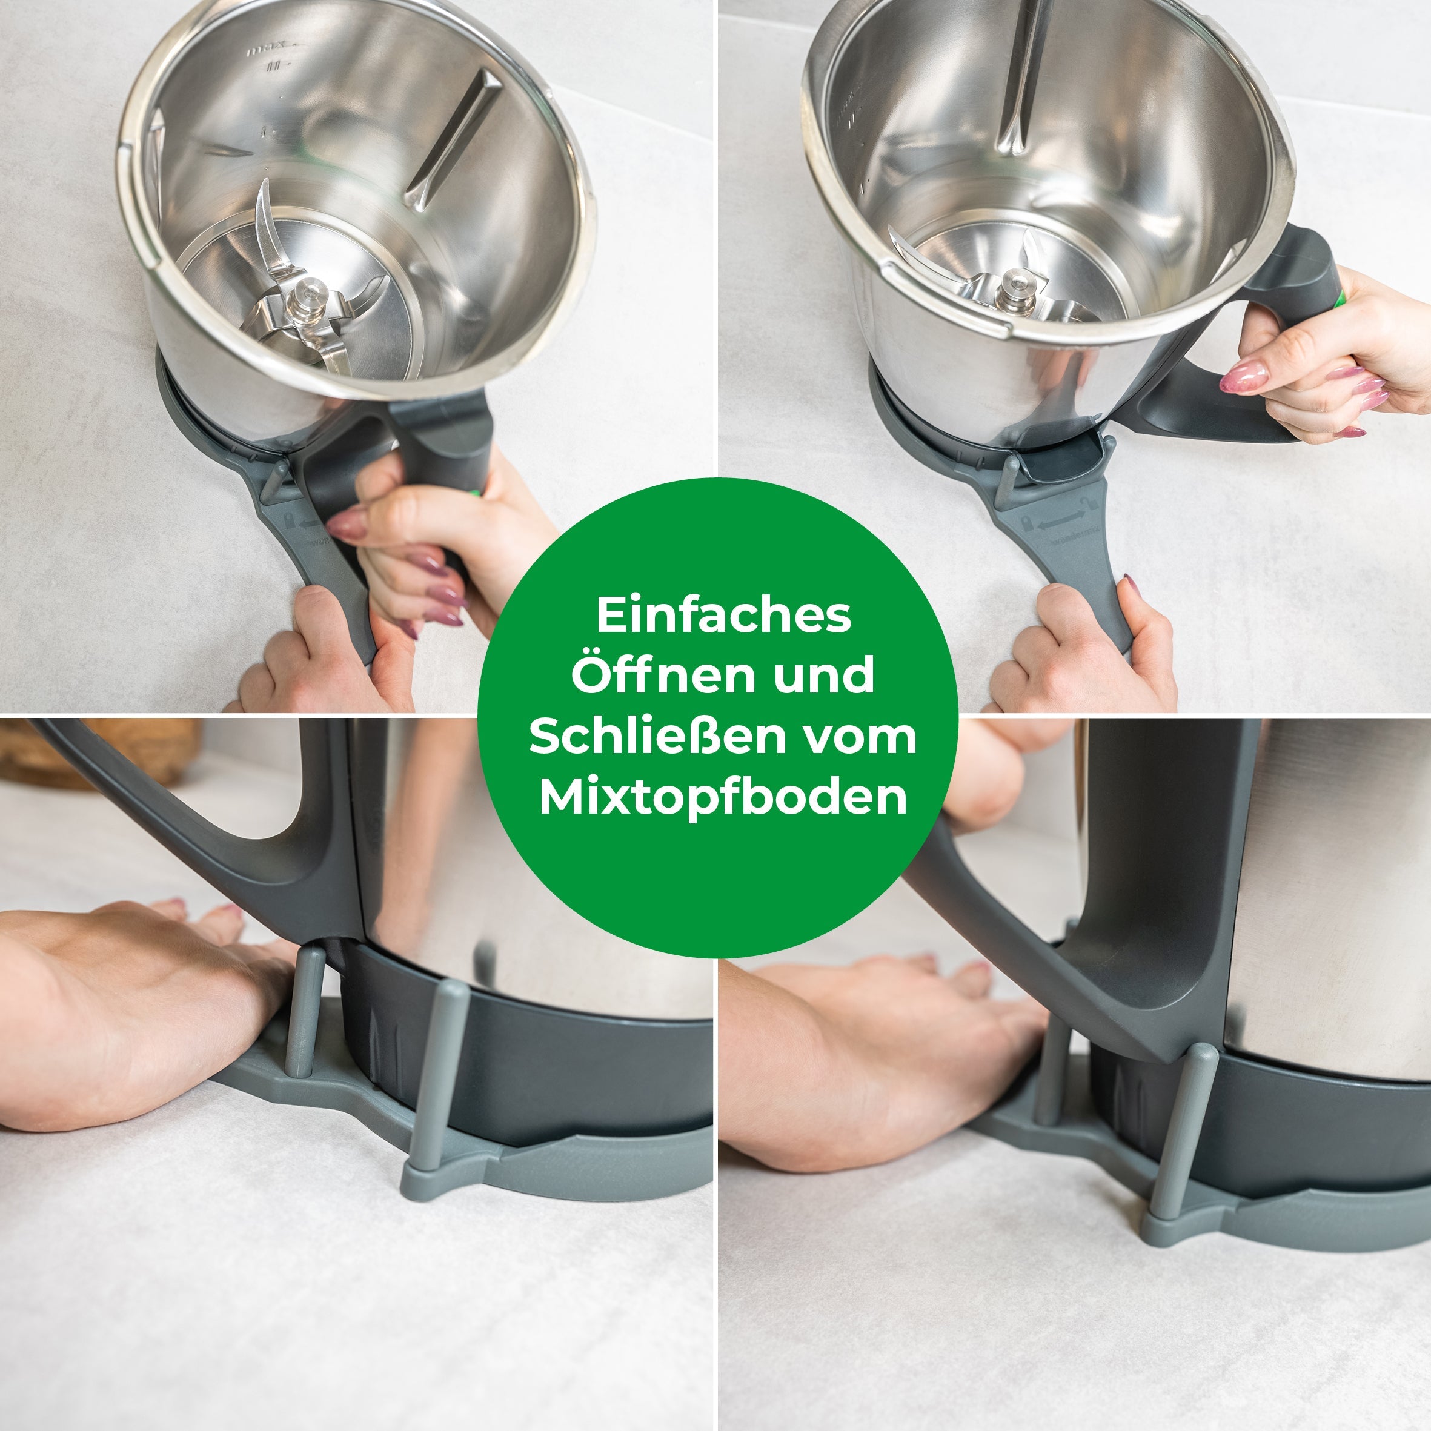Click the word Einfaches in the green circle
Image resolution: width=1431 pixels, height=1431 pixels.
point(723,615)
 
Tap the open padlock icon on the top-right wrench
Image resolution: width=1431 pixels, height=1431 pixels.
point(1086,505)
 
